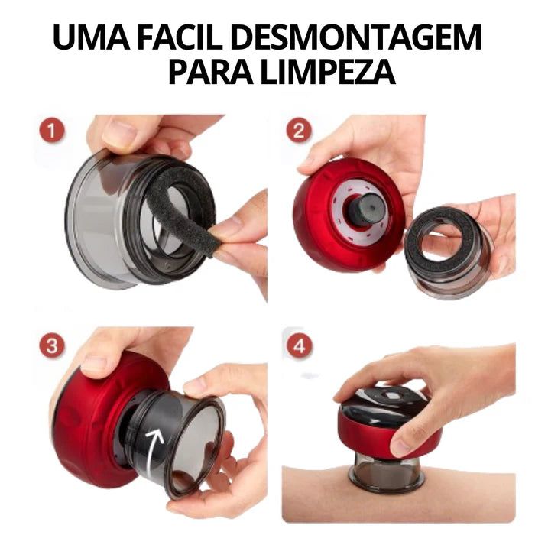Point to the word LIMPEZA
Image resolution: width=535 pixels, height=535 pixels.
click(329, 71)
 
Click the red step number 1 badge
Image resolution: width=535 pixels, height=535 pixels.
click(52, 131)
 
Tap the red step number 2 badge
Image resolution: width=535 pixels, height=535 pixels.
click(299, 131)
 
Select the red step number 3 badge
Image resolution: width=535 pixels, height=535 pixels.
click(52, 345)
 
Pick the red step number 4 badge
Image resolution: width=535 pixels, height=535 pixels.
click(299, 345)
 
